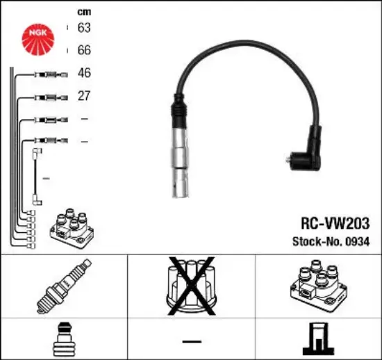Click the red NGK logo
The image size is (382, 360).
38,40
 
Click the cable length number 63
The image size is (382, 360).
84,27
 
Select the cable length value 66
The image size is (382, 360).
84,50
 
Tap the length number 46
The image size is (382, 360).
84,73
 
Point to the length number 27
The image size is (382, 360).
84,95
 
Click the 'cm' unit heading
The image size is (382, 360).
84,12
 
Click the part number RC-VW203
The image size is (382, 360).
335,223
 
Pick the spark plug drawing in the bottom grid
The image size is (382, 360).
64,286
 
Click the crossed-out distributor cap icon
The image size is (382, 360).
192,286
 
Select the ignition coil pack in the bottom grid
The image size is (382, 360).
318,286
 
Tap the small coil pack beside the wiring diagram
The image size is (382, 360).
72,228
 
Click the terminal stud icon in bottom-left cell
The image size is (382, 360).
65,339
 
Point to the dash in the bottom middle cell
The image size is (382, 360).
192,341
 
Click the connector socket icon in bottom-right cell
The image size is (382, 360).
318,338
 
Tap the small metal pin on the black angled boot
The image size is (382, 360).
288,160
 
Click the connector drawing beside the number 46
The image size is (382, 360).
51,74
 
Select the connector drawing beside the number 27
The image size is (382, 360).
51,98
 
